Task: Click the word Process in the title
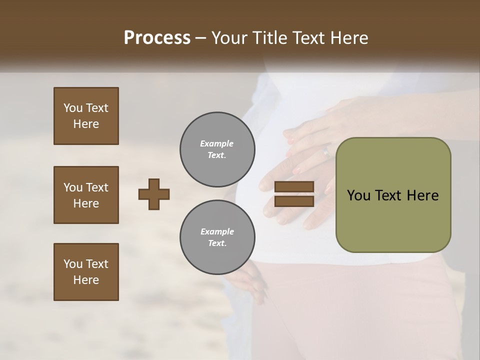click(157, 38)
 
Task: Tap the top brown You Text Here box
click(86, 116)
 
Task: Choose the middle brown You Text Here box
click(86, 195)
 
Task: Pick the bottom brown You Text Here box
click(86, 272)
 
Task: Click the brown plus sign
click(153, 194)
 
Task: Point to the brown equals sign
click(294, 194)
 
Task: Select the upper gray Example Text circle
click(217, 149)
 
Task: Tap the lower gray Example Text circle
click(217, 237)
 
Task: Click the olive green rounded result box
click(393, 195)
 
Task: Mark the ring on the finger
click(326, 151)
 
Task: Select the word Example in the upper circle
click(217, 143)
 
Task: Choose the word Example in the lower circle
click(217, 231)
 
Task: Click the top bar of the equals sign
click(294, 186)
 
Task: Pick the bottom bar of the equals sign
click(294, 201)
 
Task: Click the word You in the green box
click(358, 195)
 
